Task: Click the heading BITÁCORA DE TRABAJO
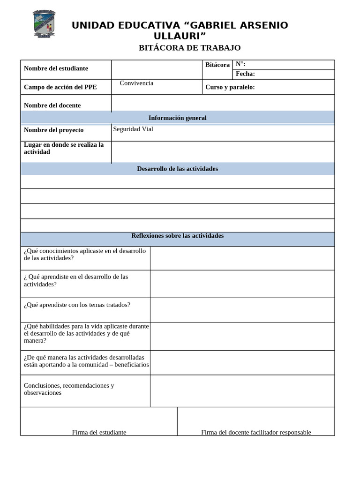[189, 48]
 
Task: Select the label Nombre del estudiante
[56, 68]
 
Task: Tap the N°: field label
[240, 64]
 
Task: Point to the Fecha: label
[245, 74]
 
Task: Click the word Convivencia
[136, 83]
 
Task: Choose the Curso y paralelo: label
[230, 87]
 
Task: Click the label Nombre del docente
[52, 105]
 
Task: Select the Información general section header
[177, 118]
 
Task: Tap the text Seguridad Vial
[133, 129]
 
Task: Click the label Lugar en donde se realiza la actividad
[64, 148]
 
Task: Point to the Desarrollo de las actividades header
[177, 169]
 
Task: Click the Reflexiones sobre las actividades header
[177, 236]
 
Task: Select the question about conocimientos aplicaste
[85, 255]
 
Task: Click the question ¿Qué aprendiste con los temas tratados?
[77, 305]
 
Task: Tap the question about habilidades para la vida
[86, 333]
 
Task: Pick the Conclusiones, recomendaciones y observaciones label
[69, 389]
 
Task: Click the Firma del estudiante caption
[99, 432]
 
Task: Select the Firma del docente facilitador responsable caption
[256, 432]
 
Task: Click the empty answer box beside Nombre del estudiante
[157, 69]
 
